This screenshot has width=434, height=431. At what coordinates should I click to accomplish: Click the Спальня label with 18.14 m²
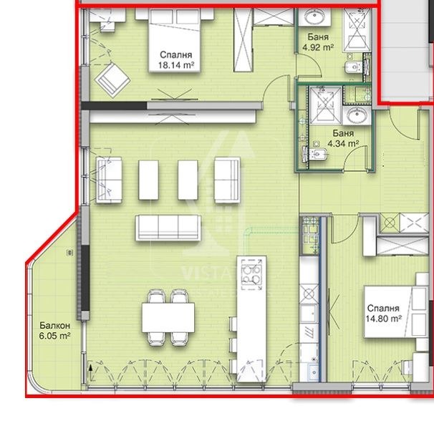coord(175,54)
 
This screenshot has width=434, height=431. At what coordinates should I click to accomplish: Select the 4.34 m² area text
coord(342,143)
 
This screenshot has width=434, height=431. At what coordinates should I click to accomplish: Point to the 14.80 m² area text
coord(384,321)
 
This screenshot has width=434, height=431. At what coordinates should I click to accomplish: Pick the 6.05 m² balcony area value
coord(54,334)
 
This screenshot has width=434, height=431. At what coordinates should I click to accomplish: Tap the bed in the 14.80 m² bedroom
coord(390,308)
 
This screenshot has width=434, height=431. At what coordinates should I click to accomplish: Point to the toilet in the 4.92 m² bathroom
coord(353,69)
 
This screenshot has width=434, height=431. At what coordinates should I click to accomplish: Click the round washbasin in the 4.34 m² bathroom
coord(356,117)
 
